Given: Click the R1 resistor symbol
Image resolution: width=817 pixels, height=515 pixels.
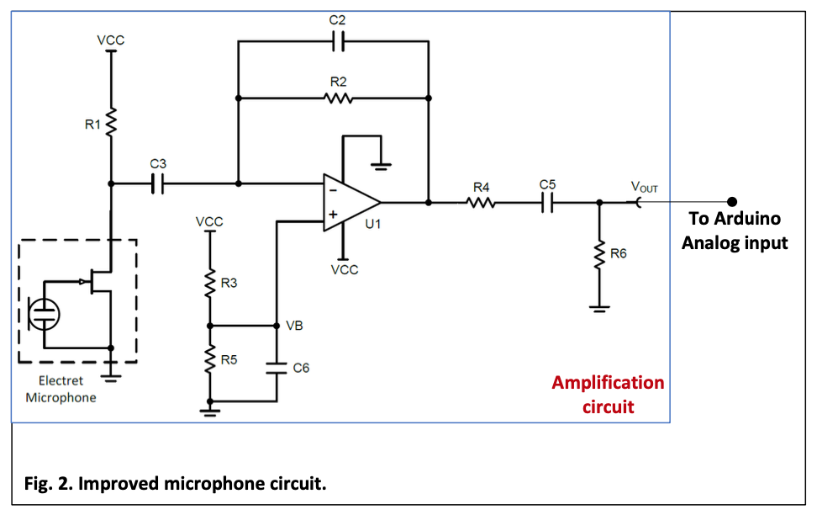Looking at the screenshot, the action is (x=110, y=123).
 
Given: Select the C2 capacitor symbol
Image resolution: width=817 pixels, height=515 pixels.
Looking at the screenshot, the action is (x=338, y=41).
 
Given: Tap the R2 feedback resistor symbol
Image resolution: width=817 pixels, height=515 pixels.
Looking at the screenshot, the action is (x=338, y=98).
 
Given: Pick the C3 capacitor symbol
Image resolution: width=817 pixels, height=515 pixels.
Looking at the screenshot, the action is (x=157, y=183).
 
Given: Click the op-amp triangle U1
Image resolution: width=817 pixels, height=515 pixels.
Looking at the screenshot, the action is (x=351, y=203).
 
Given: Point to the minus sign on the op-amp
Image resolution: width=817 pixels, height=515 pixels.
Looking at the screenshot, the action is (x=333, y=190).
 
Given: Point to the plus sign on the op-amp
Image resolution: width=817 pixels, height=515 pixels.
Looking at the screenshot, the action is (x=333, y=214).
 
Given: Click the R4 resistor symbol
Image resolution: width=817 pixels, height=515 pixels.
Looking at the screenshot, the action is (x=481, y=203).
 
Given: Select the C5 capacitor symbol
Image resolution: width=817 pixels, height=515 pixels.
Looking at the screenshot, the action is (x=547, y=203).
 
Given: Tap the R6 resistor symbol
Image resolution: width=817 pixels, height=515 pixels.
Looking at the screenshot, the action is (x=600, y=255).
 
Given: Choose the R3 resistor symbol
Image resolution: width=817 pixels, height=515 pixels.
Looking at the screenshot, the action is (x=210, y=284).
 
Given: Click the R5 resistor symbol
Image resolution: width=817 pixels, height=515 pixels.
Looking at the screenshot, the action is (x=210, y=358).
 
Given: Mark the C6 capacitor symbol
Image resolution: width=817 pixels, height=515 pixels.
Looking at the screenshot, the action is (x=277, y=368).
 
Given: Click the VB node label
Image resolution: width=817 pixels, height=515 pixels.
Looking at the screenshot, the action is (x=294, y=326).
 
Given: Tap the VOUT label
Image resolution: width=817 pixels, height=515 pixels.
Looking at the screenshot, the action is (x=645, y=187).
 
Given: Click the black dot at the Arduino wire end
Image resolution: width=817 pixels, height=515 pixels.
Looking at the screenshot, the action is (x=732, y=201).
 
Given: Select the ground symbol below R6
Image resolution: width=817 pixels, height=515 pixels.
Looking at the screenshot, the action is (x=600, y=309).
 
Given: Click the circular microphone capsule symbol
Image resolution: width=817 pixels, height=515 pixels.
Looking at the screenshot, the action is (x=44, y=314).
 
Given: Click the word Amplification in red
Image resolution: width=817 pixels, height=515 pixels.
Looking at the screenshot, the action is (x=608, y=383).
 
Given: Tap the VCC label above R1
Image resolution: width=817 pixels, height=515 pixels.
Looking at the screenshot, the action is (x=110, y=40).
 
